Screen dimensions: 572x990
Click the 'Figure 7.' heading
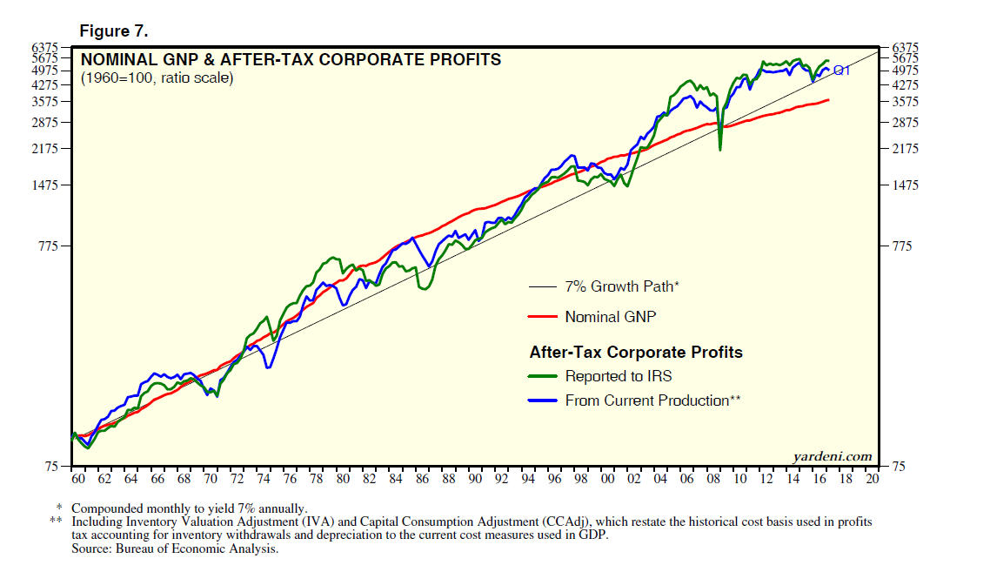point(114,31)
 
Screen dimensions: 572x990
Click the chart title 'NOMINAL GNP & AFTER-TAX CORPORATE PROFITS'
point(291,60)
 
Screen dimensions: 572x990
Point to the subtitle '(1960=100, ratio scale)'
point(157,78)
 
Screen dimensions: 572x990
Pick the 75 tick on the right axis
point(896,467)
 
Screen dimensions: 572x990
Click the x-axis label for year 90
point(475,479)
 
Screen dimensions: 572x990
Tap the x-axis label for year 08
point(713,479)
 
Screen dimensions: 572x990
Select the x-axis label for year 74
point(263,479)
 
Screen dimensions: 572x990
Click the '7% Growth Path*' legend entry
point(621,286)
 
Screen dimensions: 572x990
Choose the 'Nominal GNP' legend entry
point(610,317)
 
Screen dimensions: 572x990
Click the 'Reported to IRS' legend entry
point(618,376)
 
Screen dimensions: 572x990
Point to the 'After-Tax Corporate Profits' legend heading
point(636,353)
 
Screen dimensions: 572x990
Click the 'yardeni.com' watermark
point(832,456)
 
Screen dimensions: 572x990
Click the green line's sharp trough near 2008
point(719,150)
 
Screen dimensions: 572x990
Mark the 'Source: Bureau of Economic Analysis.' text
point(175,549)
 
